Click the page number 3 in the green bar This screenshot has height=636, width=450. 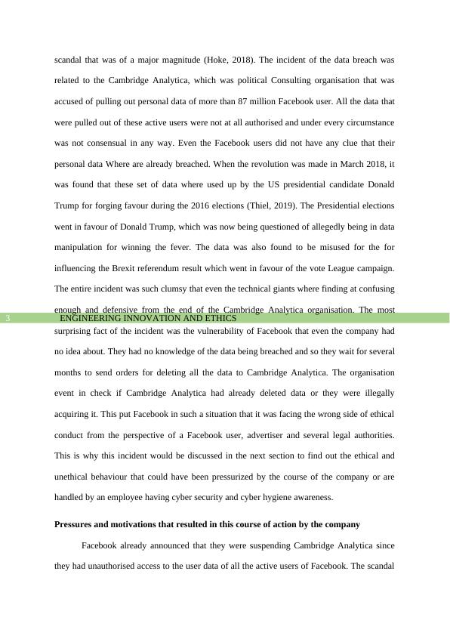(x=8, y=319)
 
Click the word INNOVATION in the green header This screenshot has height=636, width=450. (x=142, y=319)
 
